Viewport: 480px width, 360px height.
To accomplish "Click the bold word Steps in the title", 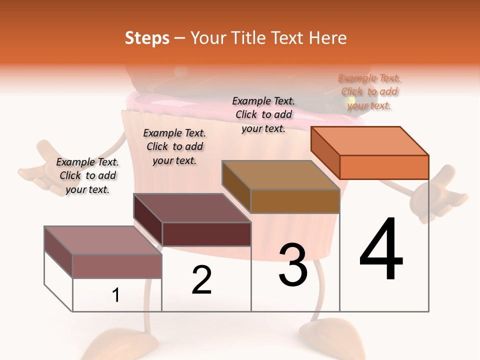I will pyautogui.click(x=147, y=38).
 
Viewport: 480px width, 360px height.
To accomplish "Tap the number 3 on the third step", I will pyautogui.click(x=293, y=265).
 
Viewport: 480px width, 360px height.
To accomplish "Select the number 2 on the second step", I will pyautogui.click(x=202, y=280).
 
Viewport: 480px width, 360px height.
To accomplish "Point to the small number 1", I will pyautogui.click(x=116, y=295).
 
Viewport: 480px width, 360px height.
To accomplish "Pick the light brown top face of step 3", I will pyautogui.click(x=280, y=175).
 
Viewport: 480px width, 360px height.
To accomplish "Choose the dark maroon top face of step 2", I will pyautogui.click(x=192, y=207).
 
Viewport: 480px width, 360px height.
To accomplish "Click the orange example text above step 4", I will pyautogui.click(x=369, y=91).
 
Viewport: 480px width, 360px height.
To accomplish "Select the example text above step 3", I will pyautogui.click(x=263, y=114).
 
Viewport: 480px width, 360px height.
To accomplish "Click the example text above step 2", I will pyautogui.click(x=174, y=146).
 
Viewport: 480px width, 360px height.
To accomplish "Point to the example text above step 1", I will pyautogui.click(x=87, y=175).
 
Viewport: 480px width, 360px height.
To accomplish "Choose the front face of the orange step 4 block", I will pyautogui.click(x=384, y=167).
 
